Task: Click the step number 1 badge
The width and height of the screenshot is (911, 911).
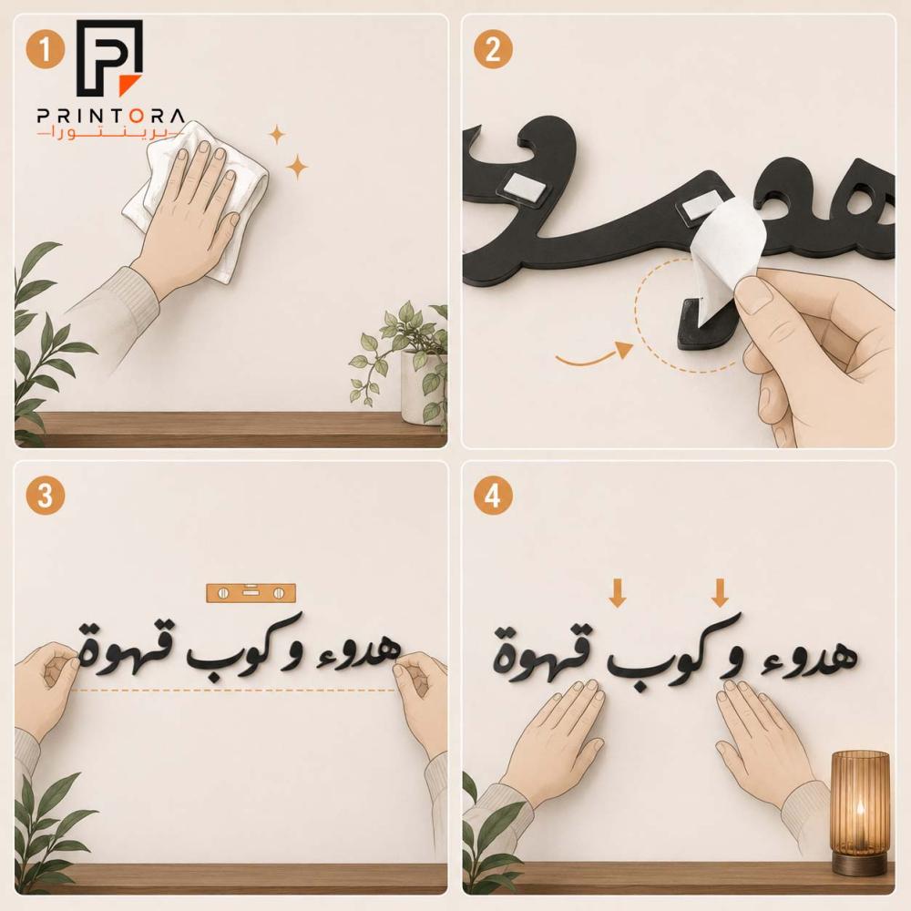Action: [45, 49]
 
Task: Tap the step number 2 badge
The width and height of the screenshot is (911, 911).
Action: [492, 49]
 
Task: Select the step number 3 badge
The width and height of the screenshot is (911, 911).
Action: [45, 496]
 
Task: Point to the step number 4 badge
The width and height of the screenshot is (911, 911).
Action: [492, 496]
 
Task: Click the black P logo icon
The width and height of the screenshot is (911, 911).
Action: [110, 57]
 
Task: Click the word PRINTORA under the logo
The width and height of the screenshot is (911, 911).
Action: [111, 116]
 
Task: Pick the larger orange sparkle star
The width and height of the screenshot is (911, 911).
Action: [298, 168]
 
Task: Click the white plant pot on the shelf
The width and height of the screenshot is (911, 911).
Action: [424, 387]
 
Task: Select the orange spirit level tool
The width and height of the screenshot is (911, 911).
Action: [251, 593]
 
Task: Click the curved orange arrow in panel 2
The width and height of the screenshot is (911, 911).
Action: [594, 356]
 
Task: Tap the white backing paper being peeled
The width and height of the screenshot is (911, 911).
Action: [727, 261]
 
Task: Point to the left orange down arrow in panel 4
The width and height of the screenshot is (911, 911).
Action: [617, 593]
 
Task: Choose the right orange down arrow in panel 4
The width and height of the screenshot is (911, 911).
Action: [720, 593]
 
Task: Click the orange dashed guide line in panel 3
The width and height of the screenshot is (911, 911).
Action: [235, 691]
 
